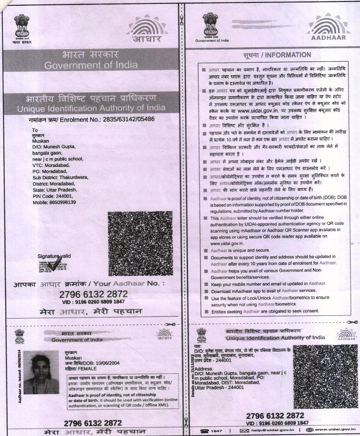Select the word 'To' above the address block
[x=35, y=130]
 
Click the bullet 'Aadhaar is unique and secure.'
[x=239, y=249]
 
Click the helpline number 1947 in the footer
[x=219, y=431]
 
